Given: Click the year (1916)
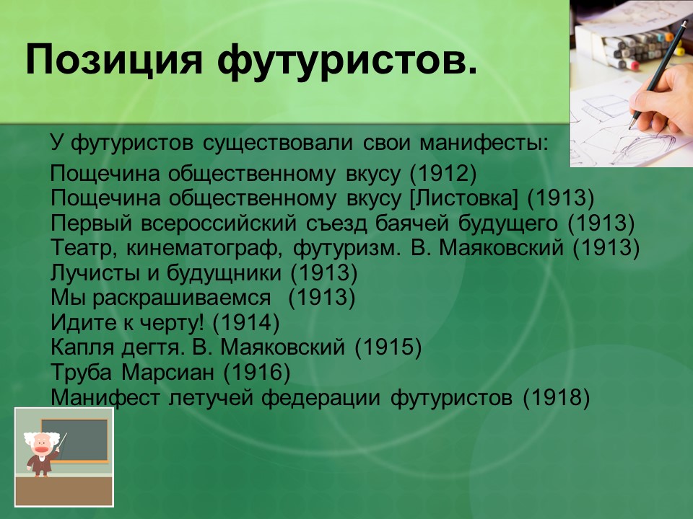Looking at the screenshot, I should click(256, 373).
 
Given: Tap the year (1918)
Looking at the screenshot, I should click(557, 397).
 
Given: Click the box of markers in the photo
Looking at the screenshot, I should click(635, 40).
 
